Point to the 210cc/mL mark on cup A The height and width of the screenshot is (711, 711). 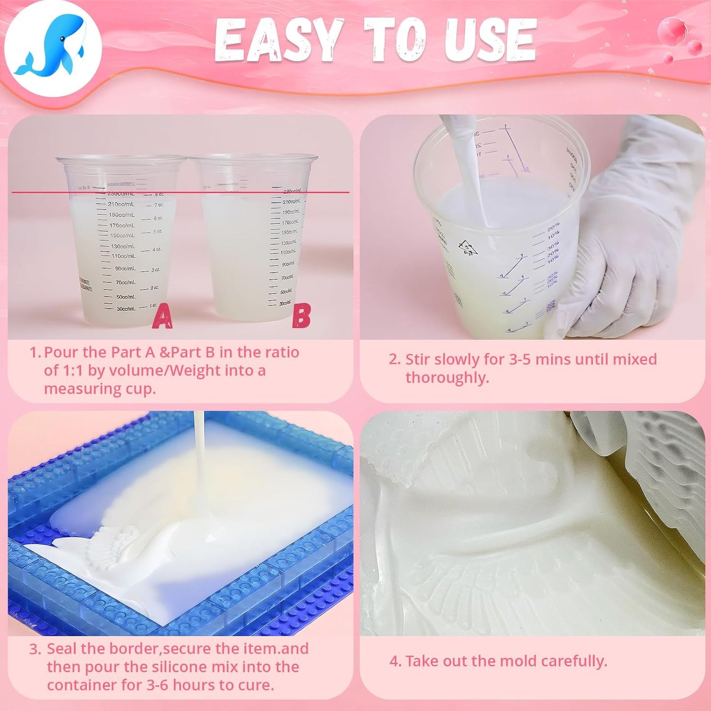click(x=121, y=204)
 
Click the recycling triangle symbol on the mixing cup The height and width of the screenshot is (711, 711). click(x=467, y=247)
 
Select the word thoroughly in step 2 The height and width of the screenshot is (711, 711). click(x=447, y=377)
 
